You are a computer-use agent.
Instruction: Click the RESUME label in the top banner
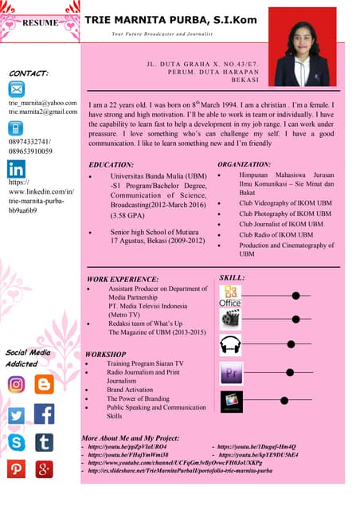(40, 22)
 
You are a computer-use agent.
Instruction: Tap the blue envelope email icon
(17, 88)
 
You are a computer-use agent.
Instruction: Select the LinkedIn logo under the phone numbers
(17, 169)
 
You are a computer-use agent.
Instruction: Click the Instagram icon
(17, 384)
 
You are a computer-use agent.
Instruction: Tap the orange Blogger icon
(44, 384)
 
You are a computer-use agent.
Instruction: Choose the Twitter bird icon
(17, 414)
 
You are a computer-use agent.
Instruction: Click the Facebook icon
(44, 414)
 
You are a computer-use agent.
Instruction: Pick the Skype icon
(17, 442)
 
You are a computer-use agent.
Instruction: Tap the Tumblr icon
(44, 442)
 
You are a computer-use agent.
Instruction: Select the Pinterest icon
(17, 469)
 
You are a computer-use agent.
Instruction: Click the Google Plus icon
(44, 469)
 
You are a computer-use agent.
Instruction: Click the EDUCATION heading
(112, 164)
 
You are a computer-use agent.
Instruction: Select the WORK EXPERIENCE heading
(123, 279)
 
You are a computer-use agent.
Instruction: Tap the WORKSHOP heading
(105, 353)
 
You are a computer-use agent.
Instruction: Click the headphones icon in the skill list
(230, 344)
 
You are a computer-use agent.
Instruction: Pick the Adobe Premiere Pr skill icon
(231, 372)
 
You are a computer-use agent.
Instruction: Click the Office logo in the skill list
(230, 296)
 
